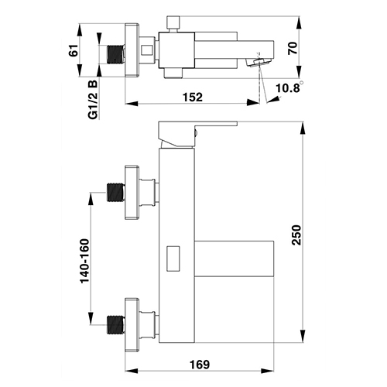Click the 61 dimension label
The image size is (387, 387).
click(x=74, y=50)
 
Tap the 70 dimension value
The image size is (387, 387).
click(x=293, y=48)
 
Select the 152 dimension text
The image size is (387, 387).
click(x=193, y=98)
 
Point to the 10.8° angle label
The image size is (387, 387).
click(x=289, y=87)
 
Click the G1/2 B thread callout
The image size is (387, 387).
click(x=93, y=100)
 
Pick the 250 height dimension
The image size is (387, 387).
click(x=296, y=235)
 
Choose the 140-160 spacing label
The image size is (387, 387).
click(x=85, y=261)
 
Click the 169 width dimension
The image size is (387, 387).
click(x=200, y=365)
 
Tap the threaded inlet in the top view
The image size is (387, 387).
click(x=116, y=54)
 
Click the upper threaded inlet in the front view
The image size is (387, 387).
click(x=116, y=192)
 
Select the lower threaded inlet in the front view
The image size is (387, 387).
click(x=116, y=324)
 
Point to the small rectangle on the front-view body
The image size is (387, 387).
click(x=173, y=259)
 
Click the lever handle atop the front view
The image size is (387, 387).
click(x=198, y=134)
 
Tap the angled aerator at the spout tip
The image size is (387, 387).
click(x=259, y=63)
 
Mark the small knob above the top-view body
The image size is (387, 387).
click(x=173, y=24)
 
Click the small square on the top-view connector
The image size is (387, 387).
click(x=147, y=50)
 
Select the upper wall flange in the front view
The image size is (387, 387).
click(x=132, y=193)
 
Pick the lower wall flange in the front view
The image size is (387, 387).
click(x=132, y=325)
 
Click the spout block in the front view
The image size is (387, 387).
click(x=234, y=259)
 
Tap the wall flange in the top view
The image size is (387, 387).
click(x=132, y=50)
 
